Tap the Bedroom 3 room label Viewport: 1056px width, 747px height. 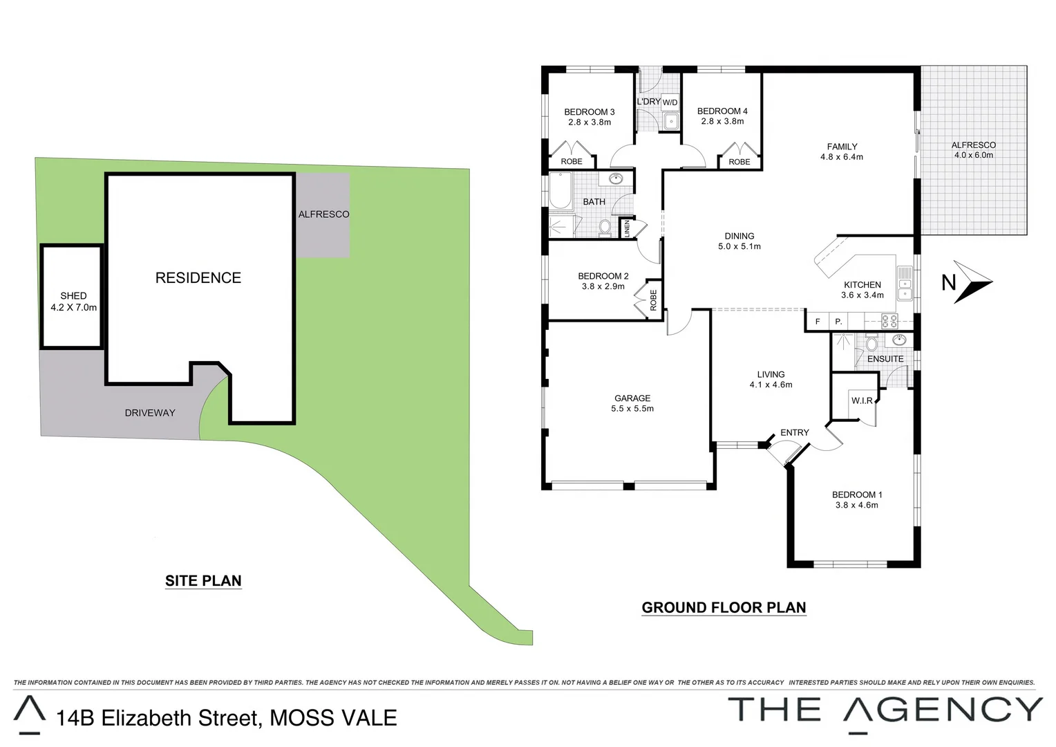589,112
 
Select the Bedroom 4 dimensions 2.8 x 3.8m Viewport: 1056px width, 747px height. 722,122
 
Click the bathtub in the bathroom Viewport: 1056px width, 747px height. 560,192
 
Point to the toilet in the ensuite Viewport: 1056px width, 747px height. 871,344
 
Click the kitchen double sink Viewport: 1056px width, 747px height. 905,284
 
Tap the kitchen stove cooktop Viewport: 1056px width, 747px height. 889,321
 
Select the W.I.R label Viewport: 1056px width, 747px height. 862,401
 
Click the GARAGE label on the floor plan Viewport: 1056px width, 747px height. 632,398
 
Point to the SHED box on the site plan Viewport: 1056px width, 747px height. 72,297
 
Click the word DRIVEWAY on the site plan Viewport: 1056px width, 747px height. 150,413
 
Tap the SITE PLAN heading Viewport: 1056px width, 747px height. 203,581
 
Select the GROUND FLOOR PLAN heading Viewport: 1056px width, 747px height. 724,608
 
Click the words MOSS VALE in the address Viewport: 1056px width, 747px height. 333,718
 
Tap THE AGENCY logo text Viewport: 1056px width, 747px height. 885,710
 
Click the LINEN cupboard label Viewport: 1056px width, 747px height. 627,228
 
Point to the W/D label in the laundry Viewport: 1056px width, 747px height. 670,103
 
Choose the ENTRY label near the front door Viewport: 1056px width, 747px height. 794,433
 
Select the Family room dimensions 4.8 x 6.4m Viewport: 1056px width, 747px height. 841,157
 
